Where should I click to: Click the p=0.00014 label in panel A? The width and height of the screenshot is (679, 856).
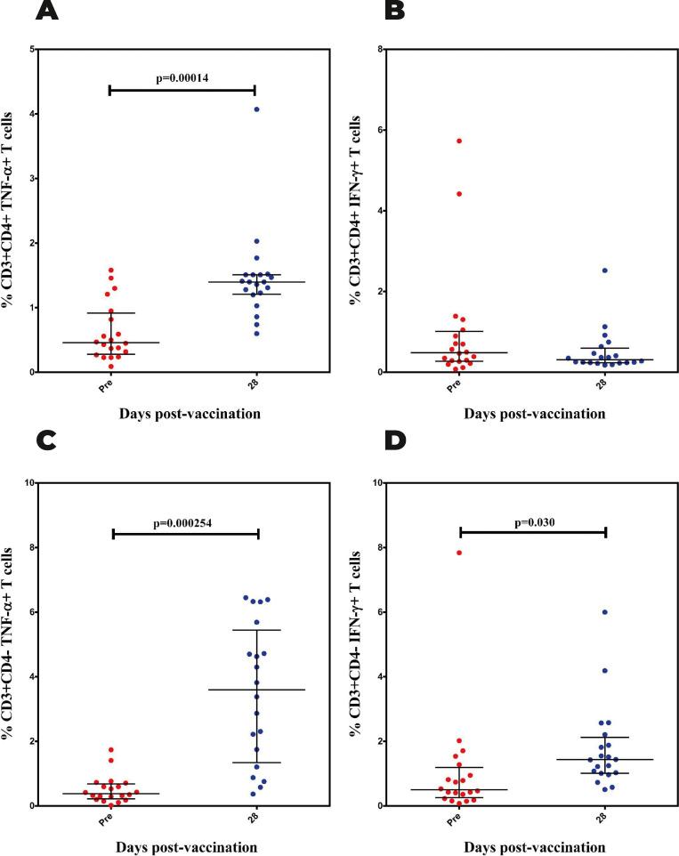[182, 79]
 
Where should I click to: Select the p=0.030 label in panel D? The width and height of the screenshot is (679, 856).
[533, 521]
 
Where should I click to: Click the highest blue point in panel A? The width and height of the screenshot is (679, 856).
[256, 109]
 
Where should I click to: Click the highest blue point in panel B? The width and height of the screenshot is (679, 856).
[605, 270]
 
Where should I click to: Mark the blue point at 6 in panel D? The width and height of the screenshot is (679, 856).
[605, 612]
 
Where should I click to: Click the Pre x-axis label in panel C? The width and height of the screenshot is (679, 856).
[108, 820]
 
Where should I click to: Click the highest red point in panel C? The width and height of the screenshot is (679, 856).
[111, 750]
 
